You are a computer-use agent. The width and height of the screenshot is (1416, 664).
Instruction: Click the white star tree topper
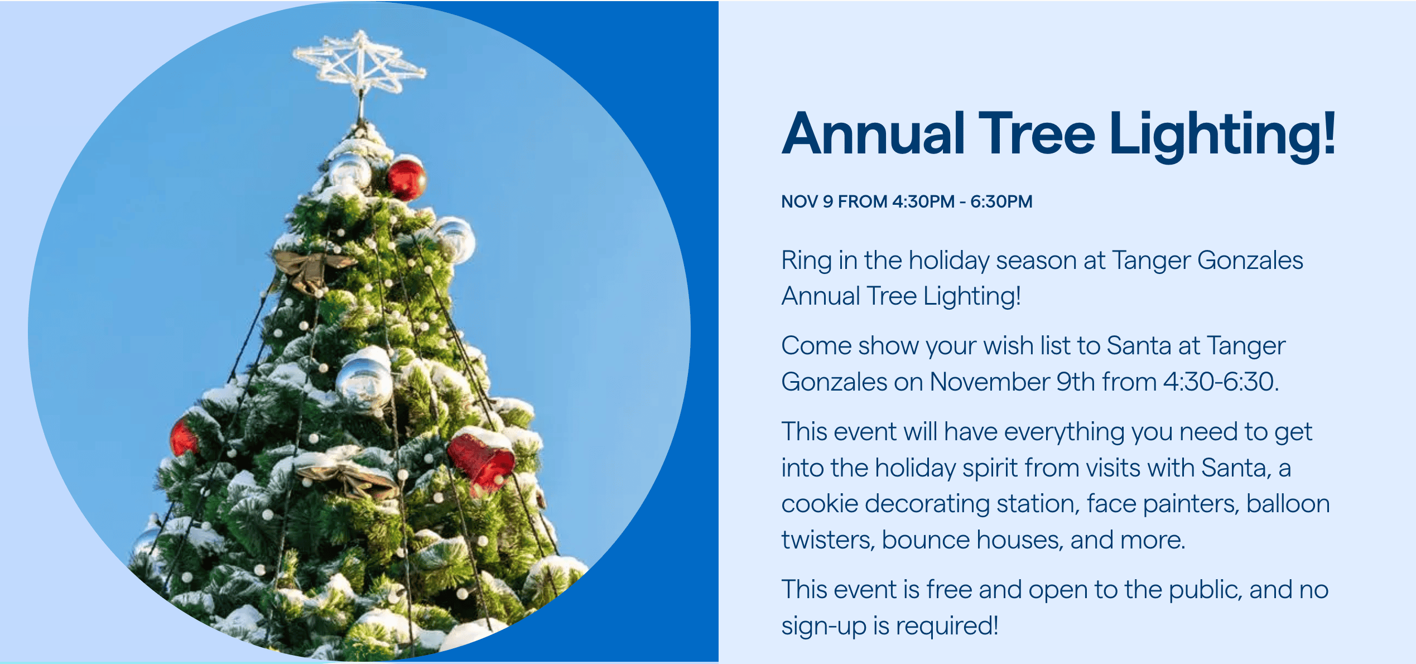coord(360,64)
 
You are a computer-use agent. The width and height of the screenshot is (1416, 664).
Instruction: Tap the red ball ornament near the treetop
coord(406,180)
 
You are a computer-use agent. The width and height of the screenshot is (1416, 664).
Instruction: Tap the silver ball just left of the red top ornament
coord(350,170)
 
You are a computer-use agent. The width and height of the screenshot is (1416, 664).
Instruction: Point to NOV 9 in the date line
coord(807,201)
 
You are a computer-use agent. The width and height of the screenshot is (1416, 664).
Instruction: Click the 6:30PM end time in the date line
coord(1001,201)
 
